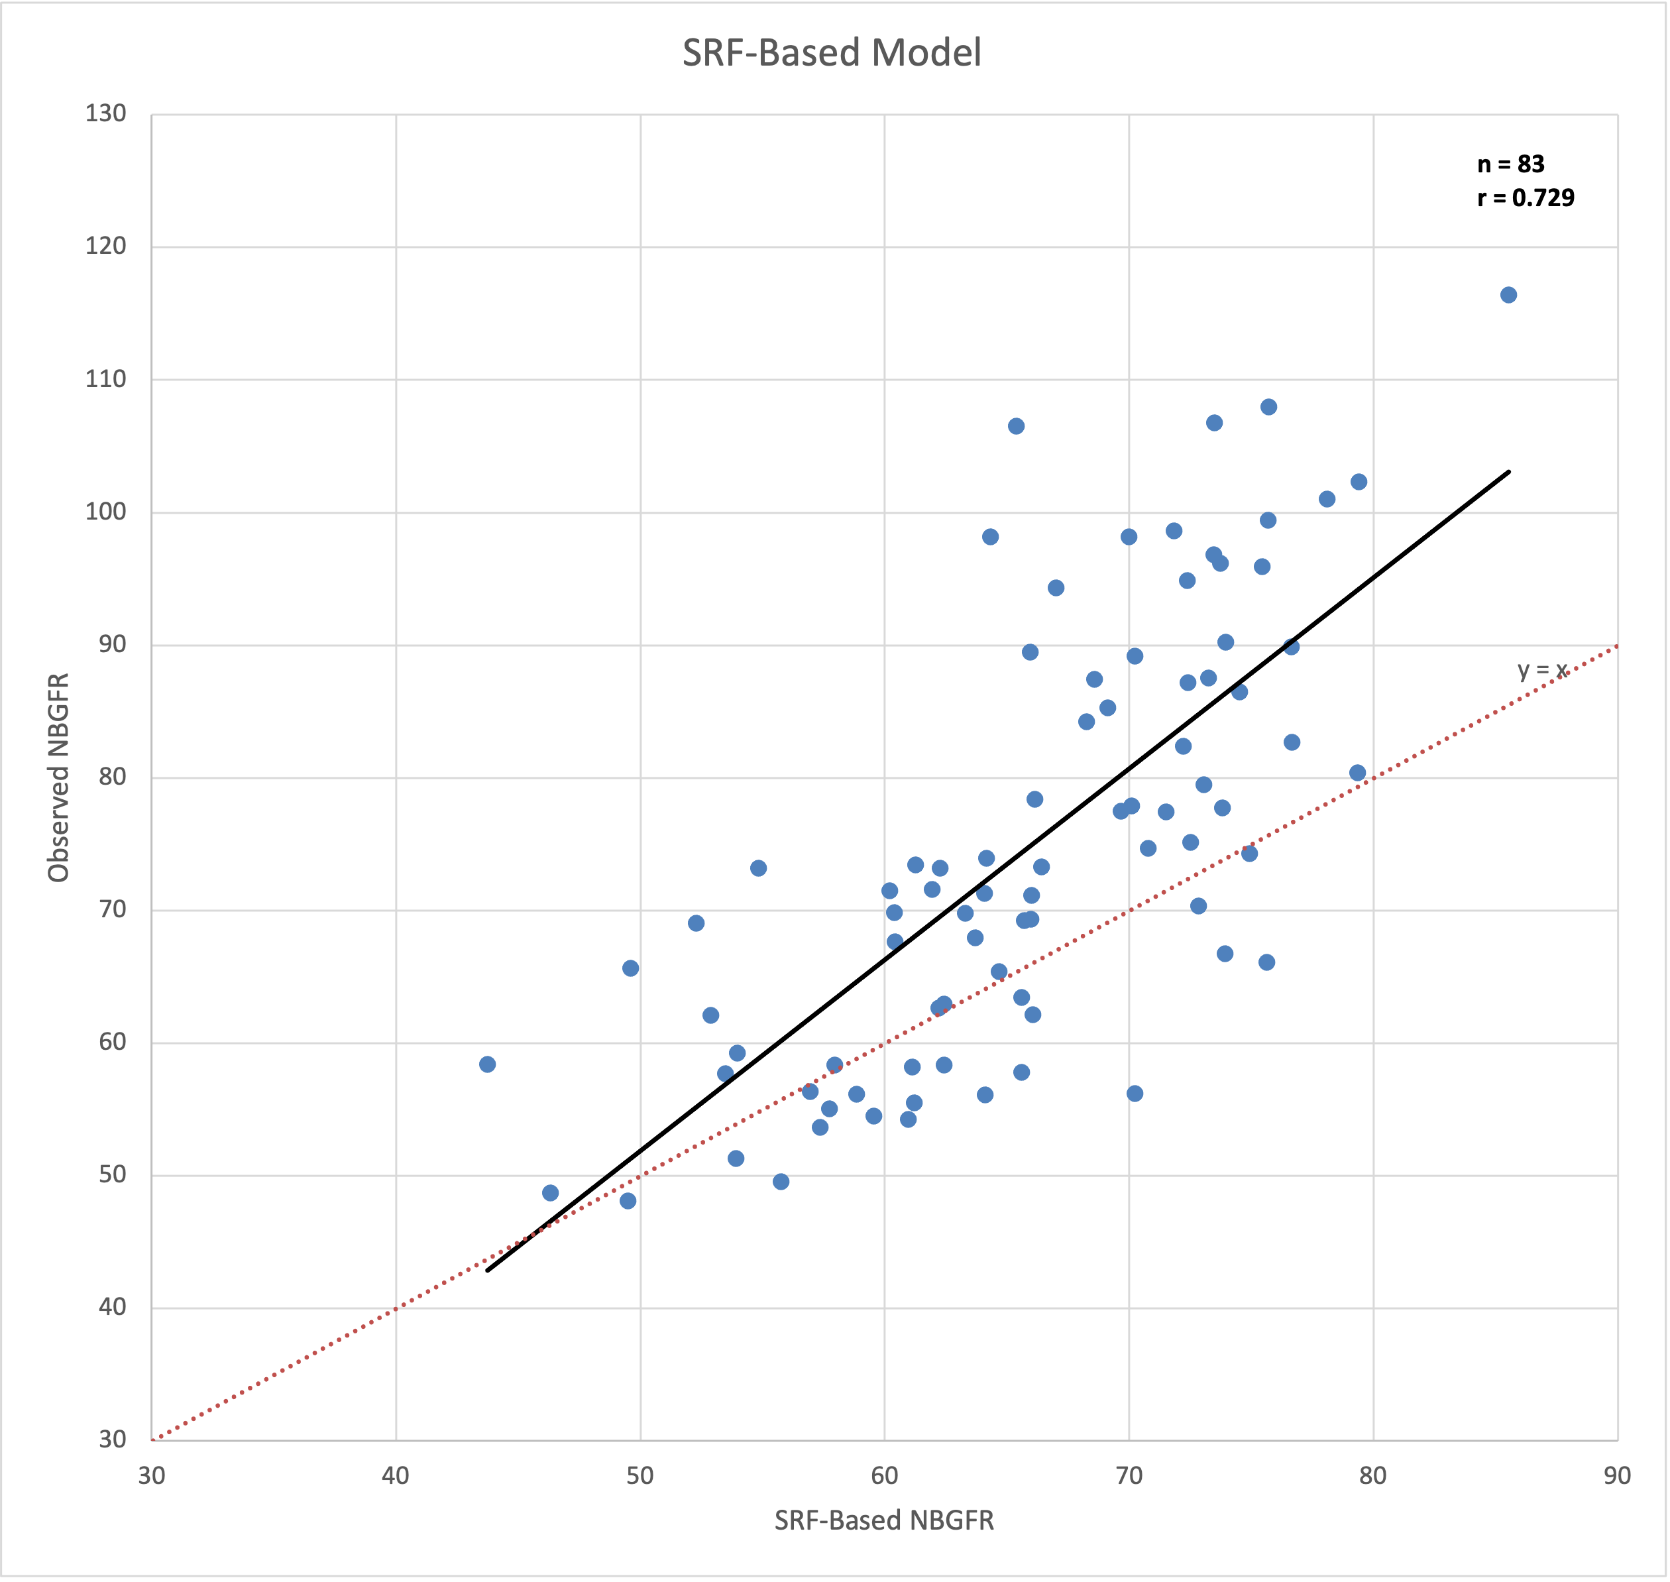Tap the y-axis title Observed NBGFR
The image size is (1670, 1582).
click(58, 777)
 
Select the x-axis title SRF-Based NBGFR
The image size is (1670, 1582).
click(883, 1520)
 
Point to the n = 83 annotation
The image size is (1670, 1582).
click(1511, 164)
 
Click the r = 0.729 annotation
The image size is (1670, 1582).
click(1525, 198)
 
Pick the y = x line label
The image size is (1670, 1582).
click(1542, 671)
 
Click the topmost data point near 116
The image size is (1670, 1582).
click(1508, 295)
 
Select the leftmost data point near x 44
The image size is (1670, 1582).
click(487, 1064)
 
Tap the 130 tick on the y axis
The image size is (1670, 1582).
click(105, 114)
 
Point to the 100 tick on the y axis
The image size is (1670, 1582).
click(105, 512)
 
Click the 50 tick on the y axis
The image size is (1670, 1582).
click(111, 1174)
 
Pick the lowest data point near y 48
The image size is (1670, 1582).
click(628, 1201)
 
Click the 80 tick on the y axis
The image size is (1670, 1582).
click(111, 777)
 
